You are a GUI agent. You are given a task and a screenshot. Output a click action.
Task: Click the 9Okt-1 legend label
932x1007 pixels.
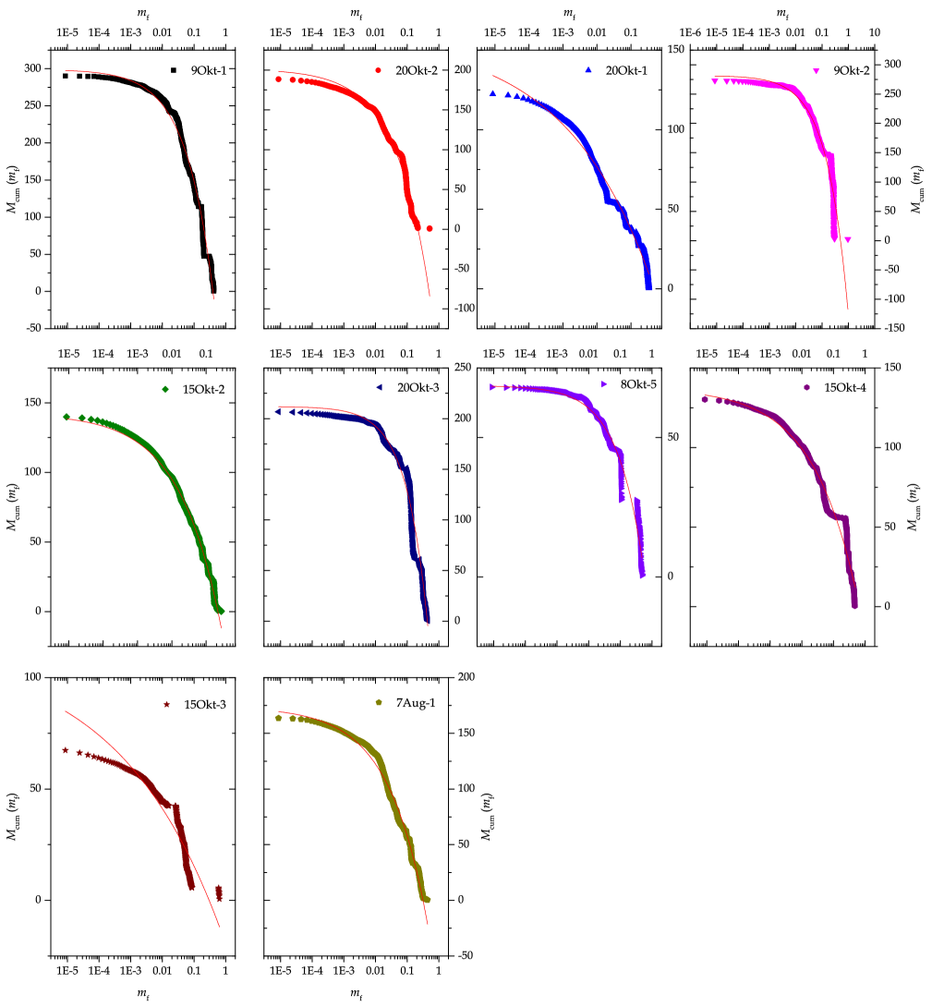click(209, 70)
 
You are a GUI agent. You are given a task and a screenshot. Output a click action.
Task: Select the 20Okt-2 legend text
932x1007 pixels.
click(417, 71)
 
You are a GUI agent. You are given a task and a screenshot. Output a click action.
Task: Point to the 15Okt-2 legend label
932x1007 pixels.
click(204, 390)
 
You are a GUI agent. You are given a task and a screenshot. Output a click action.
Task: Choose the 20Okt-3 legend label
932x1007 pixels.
click(418, 388)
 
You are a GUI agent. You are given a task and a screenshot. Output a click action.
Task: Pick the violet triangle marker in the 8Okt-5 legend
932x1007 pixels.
click(603, 383)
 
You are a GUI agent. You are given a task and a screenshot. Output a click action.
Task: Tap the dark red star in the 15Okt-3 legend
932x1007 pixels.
click(167, 705)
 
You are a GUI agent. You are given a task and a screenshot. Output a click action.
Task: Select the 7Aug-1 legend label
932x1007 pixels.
click(416, 703)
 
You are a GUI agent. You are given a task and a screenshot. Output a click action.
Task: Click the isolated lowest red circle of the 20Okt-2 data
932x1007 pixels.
click(430, 228)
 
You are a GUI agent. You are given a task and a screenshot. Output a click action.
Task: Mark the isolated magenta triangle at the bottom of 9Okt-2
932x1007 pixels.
click(848, 239)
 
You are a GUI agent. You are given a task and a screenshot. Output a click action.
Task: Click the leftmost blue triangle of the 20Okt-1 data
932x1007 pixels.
click(493, 94)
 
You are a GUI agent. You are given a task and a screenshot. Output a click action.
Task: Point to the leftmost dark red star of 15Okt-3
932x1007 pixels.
click(66, 750)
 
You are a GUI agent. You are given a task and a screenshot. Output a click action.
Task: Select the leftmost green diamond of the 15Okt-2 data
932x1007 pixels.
click(67, 418)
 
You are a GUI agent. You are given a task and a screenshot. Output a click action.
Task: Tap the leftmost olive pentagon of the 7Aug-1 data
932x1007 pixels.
click(278, 718)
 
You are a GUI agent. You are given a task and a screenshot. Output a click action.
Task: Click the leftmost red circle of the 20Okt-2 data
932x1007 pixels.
click(278, 79)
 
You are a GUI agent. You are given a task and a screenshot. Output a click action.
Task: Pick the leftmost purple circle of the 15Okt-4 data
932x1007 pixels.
click(705, 400)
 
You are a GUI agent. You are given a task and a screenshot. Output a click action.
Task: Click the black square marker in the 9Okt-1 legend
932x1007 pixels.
click(173, 70)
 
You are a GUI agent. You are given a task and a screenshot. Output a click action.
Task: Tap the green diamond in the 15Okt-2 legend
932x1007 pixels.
click(165, 390)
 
